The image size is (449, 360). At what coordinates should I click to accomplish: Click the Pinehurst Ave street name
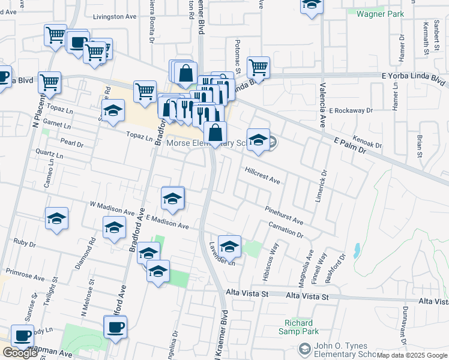click(285, 215)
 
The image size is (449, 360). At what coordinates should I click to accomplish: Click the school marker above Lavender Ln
click(229, 246)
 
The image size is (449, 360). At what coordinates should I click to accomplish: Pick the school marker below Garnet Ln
click(113, 111)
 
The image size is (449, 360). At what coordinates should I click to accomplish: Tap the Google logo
click(20, 353)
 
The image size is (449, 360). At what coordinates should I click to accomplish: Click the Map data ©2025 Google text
click(412, 355)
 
